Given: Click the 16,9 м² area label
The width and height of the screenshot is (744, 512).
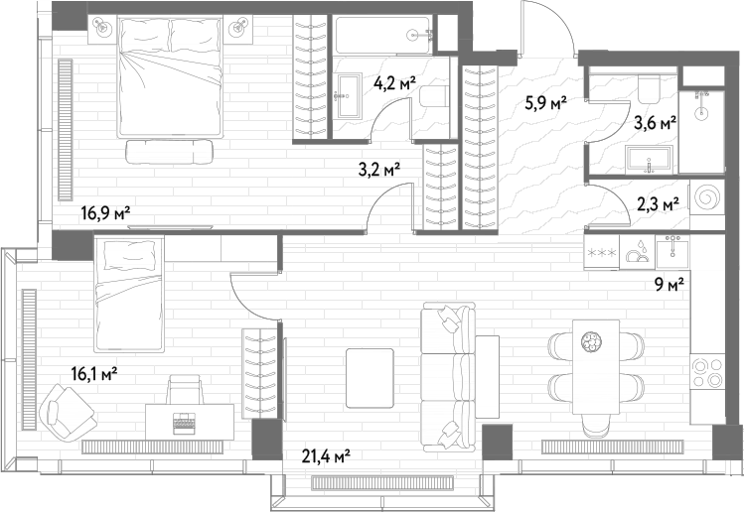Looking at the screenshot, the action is [105, 213].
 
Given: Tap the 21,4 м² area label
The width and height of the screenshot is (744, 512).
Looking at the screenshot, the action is [326, 457].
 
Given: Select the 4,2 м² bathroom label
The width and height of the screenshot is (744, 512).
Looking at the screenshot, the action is [394, 84].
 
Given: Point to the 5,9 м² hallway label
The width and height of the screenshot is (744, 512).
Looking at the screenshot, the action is [545, 102].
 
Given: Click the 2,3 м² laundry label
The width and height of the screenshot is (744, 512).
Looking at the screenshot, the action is [658, 204].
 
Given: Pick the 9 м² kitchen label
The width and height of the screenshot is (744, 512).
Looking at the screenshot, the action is [670, 285].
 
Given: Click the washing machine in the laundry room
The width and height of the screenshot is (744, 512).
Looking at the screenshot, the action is [707, 196].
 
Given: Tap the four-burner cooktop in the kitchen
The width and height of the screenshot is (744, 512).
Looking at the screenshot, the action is [707, 373].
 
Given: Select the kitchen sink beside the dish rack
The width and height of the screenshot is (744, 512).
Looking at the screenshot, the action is [672, 251].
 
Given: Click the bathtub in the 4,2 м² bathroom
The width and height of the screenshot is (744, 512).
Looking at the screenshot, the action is [382, 35].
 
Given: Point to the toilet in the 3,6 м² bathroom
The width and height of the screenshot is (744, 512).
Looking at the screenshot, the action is [649, 89].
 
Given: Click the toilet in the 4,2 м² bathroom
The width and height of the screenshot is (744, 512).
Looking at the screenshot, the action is [434, 96].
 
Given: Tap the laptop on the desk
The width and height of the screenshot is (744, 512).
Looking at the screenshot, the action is [184, 423].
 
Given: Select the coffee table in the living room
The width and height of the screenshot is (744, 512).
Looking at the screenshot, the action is [370, 378].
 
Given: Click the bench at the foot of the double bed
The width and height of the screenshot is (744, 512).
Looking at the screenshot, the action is [170, 152].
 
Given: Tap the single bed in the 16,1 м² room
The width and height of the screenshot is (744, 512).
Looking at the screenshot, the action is [129, 295].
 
